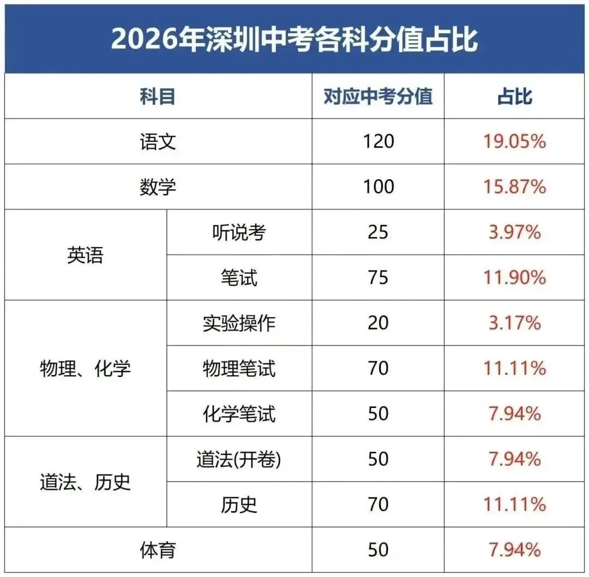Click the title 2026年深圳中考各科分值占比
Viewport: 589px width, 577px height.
[294, 39]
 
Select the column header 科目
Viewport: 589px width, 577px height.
[158, 97]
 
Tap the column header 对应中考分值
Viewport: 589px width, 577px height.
[378, 97]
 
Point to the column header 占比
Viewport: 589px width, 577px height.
[514, 97]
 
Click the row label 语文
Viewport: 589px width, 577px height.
[158, 142]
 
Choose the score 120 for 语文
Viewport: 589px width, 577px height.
[378, 142]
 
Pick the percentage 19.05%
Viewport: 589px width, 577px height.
[514, 142]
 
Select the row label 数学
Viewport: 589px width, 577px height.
[158, 187]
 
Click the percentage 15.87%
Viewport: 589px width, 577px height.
[514, 187]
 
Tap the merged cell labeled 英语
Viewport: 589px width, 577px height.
[85, 255]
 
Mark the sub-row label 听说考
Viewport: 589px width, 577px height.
[239, 233]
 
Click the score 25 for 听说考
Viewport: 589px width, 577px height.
[378, 233]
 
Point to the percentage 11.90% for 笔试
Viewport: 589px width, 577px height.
[514, 278]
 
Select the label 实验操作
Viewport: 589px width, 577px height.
[239, 323]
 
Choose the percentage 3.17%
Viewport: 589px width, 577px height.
[514, 323]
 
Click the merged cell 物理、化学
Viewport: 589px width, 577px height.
[85, 369]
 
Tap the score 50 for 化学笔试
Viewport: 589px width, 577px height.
[378, 414]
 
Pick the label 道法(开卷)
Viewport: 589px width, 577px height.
[239, 459]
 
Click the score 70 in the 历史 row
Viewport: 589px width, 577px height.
[378, 504]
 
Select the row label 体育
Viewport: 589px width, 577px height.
[158, 549]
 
